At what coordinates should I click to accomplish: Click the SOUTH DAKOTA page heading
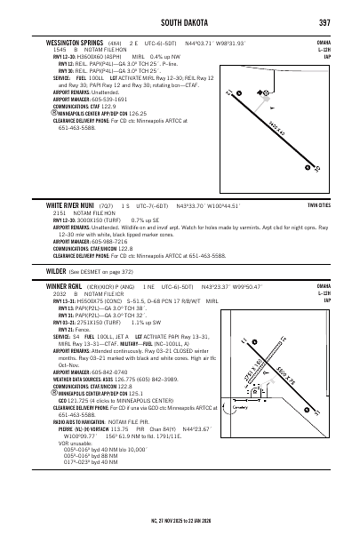click(x=179, y=21)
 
